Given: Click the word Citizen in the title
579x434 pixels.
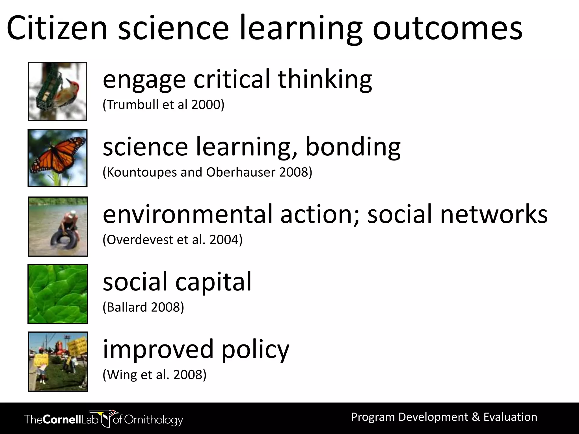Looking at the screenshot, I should pos(57,28).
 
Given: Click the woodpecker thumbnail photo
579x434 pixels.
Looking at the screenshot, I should pos(57,91).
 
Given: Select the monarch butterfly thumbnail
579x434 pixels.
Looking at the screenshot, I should pos(57,158).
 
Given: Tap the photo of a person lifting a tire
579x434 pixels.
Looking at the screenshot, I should pos(58,227).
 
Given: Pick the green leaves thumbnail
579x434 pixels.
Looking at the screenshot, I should pos(58,294).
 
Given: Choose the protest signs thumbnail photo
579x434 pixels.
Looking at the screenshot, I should pos(58,362).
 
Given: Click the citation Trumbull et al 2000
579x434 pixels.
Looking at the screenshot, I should pos(163,105).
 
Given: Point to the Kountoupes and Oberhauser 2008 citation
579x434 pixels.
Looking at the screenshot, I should pos(207,172).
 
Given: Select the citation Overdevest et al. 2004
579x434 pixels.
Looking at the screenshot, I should pos(172,240).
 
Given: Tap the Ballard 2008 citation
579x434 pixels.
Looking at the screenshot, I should pos(143,307).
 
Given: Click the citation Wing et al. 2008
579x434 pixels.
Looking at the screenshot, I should pos(154,375).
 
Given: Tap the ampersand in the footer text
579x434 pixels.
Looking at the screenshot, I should pos(476,417).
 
